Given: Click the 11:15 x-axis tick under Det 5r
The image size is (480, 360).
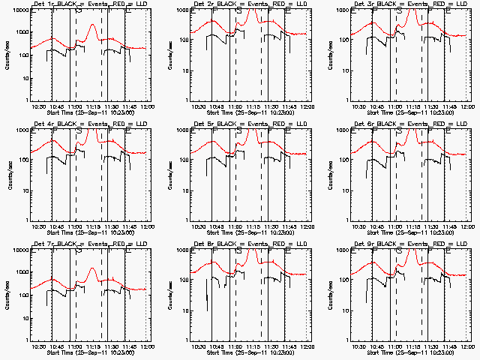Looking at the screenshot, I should click(253, 226).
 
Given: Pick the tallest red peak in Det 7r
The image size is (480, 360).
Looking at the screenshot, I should click(91, 268).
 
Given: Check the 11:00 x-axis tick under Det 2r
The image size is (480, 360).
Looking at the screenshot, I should click(235, 106).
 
